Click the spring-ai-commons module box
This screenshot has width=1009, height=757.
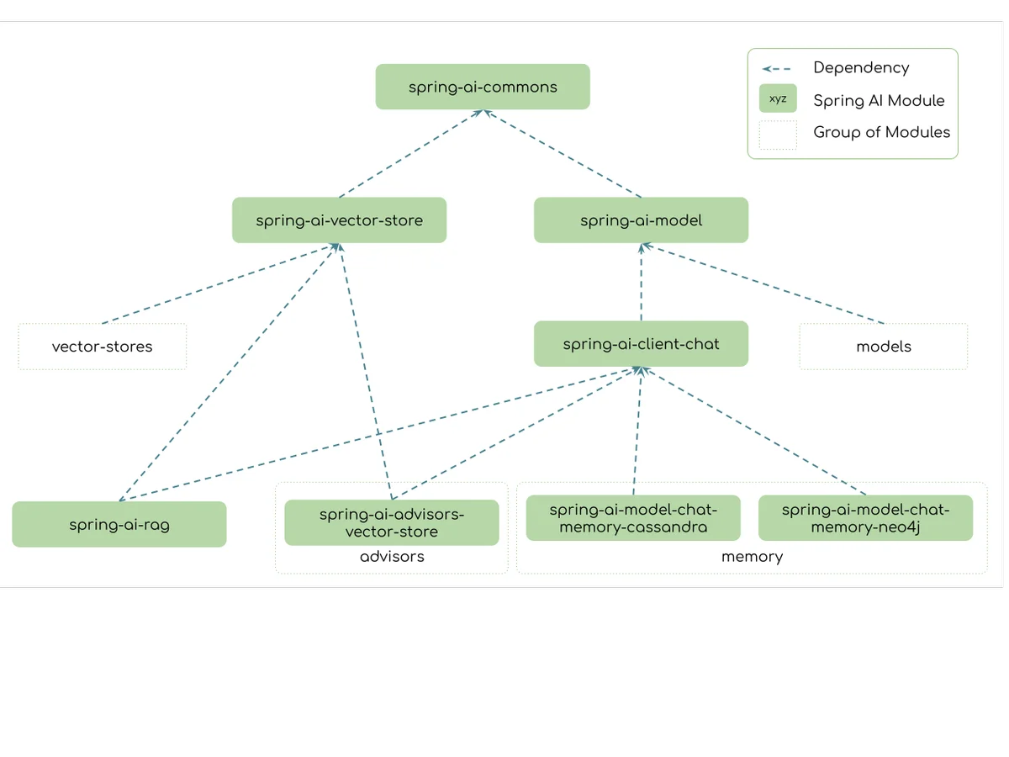[482, 87]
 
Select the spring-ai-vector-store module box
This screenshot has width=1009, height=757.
[339, 220]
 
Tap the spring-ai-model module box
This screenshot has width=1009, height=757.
[641, 220]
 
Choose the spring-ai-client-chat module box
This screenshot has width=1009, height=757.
[641, 344]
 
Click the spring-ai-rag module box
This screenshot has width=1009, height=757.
[119, 524]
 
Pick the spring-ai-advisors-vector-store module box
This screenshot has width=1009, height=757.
[392, 522]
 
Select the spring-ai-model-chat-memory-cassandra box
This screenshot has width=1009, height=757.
[633, 518]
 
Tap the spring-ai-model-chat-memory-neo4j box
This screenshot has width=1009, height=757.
[865, 518]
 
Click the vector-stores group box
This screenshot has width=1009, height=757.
[102, 347]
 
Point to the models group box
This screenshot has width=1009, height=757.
[884, 347]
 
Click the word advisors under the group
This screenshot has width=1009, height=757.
[392, 557]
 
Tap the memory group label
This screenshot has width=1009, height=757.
[752, 557]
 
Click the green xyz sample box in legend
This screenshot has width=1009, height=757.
[778, 98]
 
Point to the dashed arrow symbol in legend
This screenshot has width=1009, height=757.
[776, 69]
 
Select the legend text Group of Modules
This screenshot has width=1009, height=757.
[882, 132]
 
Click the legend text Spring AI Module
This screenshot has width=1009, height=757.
[879, 101]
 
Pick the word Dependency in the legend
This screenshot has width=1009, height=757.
[861, 68]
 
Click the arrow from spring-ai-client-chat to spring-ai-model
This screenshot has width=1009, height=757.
[642, 283]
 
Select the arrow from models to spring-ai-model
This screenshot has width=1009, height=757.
[763, 283]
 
